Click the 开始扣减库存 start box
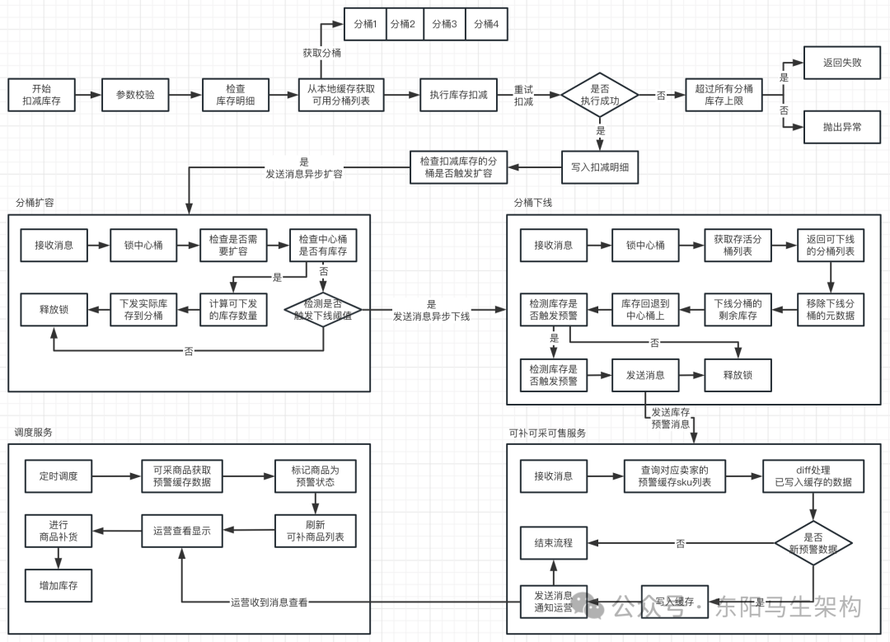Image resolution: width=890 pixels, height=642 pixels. click(41, 96)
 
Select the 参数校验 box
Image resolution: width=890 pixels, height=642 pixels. click(135, 96)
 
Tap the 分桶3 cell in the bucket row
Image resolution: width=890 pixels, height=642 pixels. click(444, 25)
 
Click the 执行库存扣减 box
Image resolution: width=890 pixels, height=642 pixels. click(459, 96)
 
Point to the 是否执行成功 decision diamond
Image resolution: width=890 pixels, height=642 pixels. click(600, 96)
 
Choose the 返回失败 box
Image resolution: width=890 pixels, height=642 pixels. click(842, 63)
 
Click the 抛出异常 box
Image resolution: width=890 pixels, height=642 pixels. click(842, 128)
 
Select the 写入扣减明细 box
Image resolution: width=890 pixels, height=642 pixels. click(600, 167)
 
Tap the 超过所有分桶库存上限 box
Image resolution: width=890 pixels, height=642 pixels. click(724, 96)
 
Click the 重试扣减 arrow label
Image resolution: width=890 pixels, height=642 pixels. click(524, 96)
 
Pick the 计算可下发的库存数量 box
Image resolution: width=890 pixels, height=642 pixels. click(234, 310)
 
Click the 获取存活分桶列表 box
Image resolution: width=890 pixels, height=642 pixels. click(738, 245)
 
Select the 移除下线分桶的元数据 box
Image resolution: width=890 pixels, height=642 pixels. click(831, 310)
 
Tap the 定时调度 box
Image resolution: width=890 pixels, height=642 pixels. click(59, 476)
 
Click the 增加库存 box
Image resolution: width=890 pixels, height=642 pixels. click(59, 585)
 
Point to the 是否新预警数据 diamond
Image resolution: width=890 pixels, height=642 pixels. click(813, 543)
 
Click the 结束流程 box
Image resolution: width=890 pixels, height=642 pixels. click(554, 543)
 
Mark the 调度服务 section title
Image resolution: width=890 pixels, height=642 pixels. click(34, 433)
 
